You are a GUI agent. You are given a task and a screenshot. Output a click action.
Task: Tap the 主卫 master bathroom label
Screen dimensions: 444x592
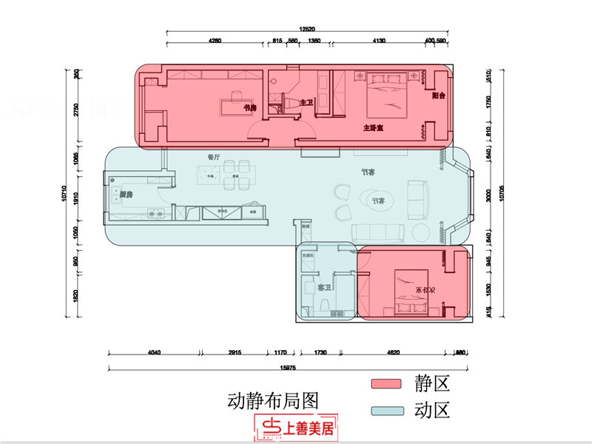tap(306, 103)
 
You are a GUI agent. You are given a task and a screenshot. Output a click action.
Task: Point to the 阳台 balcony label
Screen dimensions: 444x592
tap(439, 96)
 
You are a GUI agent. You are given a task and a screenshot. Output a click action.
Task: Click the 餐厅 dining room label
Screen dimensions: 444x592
tap(215, 157)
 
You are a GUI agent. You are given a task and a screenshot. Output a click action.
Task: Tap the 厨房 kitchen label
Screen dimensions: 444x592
tap(127, 194)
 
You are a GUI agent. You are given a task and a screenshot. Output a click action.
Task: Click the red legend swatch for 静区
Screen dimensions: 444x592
tap(390, 384)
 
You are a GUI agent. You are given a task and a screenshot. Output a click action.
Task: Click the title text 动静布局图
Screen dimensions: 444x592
tap(272, 401)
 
